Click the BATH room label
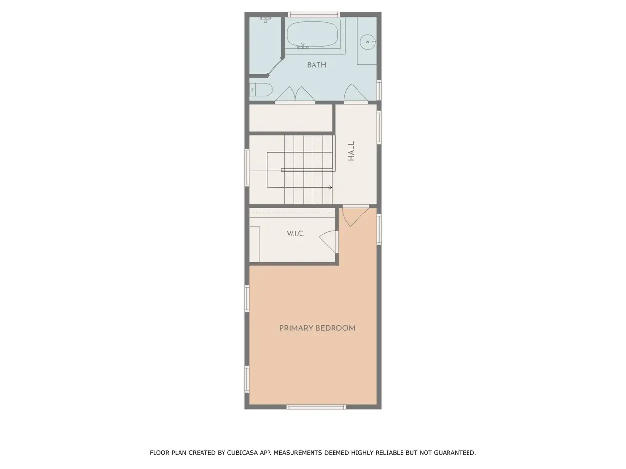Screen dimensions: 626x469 tap(316, 65)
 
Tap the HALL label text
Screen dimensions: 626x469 tap(351, 150)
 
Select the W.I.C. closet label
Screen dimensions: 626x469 tap(295, 234)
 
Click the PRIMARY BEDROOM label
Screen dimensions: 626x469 tap(317, 328)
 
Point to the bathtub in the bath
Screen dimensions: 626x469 tap(313, 35)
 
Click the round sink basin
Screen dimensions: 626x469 tap(368, 42)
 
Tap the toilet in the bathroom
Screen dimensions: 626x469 tap(261, 90)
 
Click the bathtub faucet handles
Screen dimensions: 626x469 tap(303, 46)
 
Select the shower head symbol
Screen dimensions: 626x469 tap(265, 20)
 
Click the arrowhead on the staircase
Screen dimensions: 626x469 tap(331, 187)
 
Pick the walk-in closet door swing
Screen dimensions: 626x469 tap(329, 241)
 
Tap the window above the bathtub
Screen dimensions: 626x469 tap(314, 14)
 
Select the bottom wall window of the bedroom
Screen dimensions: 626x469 tap(316, 407)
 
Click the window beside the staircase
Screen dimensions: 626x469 tap(247, 168)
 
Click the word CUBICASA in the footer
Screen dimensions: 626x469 tap(243, 453)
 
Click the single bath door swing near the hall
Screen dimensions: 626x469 tap(356, 92)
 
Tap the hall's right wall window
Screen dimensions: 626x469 tap(379, 128)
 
